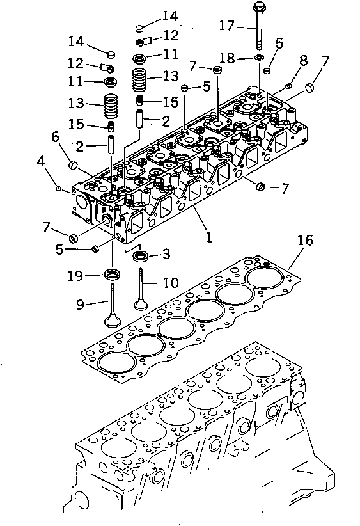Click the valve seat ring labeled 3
(x=140, y=257)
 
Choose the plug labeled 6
(x=74, y=167)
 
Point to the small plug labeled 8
(x=289, y=86)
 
